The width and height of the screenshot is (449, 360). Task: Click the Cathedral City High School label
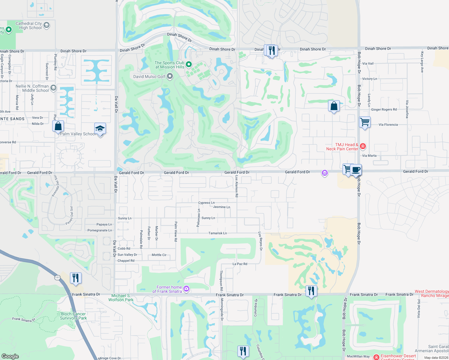[29, 25]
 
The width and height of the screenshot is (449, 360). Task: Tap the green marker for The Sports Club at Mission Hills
[189, 64]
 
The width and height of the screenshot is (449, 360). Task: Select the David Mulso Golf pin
[170, 76]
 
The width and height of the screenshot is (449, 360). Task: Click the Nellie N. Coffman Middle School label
[32, 88]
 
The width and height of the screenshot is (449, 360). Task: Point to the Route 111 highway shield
[57, 277]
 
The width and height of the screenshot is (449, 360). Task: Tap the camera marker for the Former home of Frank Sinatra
[186, 289]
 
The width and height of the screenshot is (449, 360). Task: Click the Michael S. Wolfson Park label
[121, 298]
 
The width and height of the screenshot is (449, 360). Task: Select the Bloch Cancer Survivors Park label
[73, 316]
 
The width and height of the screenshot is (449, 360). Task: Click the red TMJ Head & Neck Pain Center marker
[363, 146]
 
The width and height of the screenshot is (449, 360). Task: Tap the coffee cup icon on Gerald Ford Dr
[356, 170]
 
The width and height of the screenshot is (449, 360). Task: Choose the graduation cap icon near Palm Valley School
[100, 129]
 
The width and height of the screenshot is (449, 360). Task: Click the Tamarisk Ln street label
[218, 233]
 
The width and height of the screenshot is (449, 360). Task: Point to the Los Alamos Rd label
[237, 186]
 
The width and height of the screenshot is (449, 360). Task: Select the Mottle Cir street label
[159, 255]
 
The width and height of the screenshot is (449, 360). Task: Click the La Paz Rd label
[240, 264]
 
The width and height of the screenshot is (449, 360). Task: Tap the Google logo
[10, 356]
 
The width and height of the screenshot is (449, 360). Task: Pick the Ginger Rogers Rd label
[384, 109]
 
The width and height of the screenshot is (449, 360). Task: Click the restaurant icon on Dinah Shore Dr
[272, 50]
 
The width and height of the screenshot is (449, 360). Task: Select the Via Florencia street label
[388, 124]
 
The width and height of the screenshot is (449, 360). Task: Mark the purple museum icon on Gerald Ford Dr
[324, 173]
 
